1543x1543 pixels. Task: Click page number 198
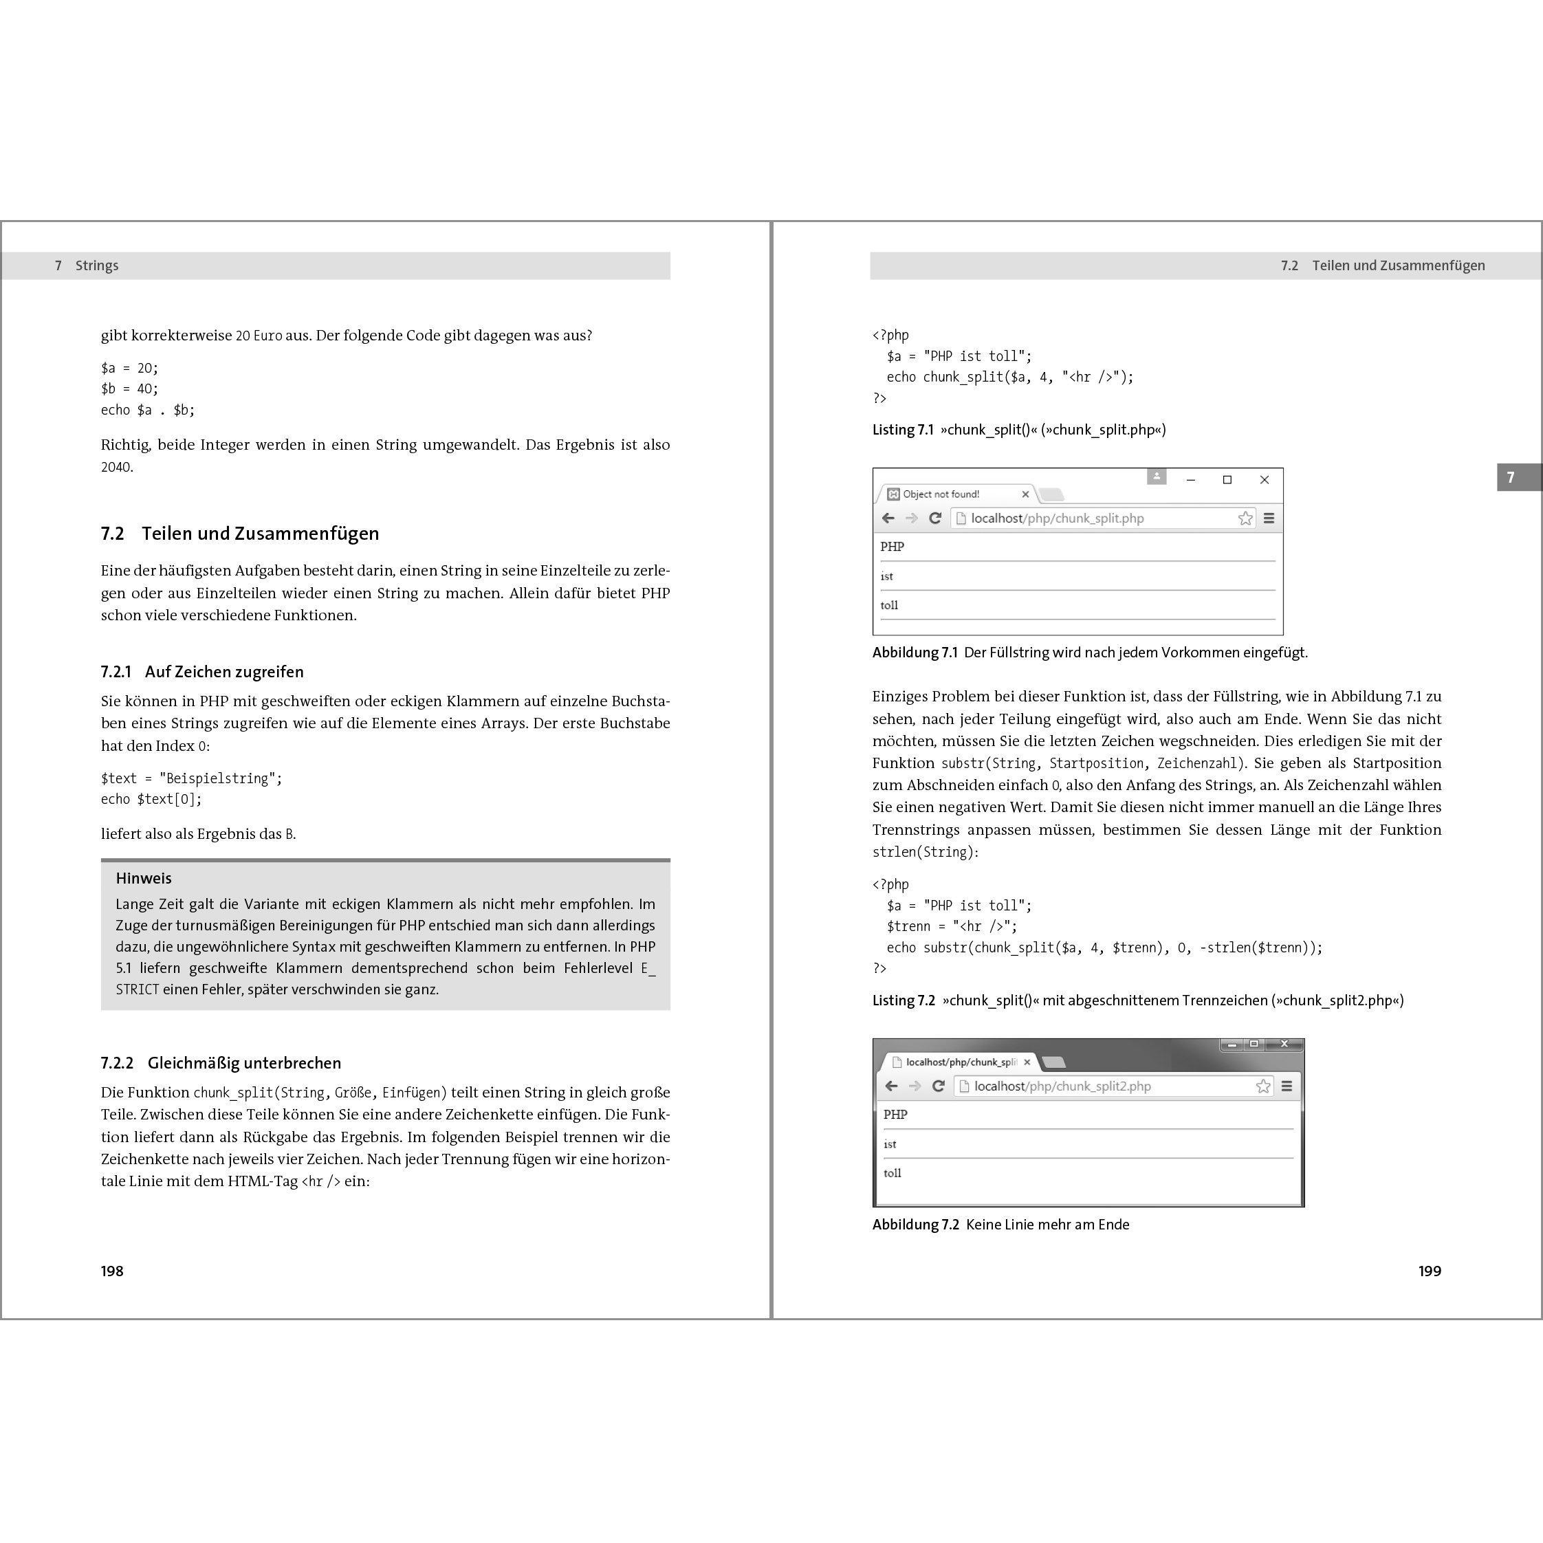(112, 1271)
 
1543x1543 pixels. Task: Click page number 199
(1430, 1271)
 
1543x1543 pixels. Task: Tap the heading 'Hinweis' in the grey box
(144, 879)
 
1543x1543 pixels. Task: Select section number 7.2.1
(116, 672)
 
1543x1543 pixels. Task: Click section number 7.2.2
(118, 1063)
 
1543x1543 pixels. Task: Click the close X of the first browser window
(1265, 480)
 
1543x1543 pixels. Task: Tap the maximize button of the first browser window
(1227, 480)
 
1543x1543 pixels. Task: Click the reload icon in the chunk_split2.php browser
(939, 1086)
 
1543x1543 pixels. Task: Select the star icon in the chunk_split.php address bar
(1245, 518)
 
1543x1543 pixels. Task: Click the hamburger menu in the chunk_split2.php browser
(1287, 1086)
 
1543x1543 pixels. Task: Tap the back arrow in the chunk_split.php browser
(888, 518)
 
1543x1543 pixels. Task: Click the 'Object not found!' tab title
(941, 494)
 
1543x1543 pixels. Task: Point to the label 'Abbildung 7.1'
(915, 653)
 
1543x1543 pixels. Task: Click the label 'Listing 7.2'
(904, 1000)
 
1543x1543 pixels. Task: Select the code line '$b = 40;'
(129, 389)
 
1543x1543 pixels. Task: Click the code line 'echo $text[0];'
(152, 800)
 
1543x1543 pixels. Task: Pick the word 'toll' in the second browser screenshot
(892, 1173)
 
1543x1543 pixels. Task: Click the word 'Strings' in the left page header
(97, 266)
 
